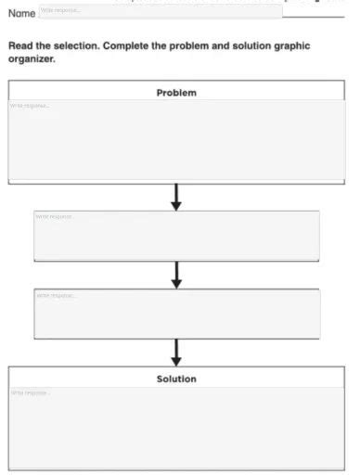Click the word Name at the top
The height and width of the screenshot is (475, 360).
(x=21, y=13)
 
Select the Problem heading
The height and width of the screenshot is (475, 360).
(x=176, y=93)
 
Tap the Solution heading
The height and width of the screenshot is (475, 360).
(x=176, y=379)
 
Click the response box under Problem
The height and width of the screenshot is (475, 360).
(x=176, y=139)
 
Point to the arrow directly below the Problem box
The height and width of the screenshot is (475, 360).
(x=176, y=195)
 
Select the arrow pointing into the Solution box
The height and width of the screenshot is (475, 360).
(x=176, y=352)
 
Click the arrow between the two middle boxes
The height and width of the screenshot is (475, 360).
(x=176, y=274)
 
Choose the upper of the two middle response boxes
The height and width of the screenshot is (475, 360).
(x=176, y=236)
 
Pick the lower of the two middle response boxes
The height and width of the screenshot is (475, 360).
(x=176, y=314)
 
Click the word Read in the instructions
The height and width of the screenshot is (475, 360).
(x=20, y=45)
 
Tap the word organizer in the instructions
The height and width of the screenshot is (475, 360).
(x=32, y=58)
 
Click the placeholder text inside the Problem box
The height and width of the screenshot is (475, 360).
(x=29, y=106)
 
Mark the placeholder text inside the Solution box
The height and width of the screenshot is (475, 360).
(x=30, y=392)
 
